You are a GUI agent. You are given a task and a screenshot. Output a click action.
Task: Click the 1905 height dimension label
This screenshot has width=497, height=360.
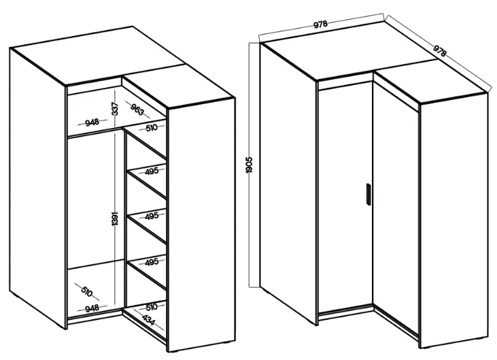pos(249,165)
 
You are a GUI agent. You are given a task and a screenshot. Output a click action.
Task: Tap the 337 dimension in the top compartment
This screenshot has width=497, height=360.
pos(116,109)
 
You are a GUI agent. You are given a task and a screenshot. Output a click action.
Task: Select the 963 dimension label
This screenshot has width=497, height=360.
pos(137,109)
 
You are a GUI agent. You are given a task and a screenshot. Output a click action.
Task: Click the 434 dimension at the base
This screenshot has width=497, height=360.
pos(149,320)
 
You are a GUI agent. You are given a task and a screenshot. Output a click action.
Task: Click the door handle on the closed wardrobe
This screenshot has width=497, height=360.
pos(368,195)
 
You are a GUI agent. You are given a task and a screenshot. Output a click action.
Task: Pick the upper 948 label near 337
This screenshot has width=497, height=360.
pos(92,122)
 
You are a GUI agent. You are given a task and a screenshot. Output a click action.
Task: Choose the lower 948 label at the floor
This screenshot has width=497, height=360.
pos(92,308)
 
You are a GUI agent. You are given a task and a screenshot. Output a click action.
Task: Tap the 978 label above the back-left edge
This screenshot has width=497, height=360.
pos(320,24)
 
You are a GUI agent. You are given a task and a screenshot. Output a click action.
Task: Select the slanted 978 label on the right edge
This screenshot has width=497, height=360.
pos(439,51)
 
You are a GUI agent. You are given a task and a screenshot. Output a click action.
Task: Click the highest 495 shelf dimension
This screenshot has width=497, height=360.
pos(152,171)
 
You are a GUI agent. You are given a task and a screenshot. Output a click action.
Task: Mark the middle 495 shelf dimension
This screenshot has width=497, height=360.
pos(152,216)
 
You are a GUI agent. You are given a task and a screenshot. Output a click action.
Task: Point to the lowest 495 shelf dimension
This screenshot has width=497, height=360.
pos(152,263)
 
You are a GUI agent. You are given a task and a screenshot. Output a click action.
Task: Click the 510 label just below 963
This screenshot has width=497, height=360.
pos(152,128)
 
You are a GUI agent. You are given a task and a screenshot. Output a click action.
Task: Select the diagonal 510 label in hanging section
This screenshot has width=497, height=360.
pos(86,291)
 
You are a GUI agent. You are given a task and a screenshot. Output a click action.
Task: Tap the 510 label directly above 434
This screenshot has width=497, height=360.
pos(152,307)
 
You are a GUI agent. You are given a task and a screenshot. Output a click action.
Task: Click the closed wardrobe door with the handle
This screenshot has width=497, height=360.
pos(345,197)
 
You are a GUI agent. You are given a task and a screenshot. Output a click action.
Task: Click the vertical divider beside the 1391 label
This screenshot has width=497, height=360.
pos(125,219)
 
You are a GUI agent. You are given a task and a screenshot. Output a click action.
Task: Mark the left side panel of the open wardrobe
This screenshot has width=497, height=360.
pos(37,187)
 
